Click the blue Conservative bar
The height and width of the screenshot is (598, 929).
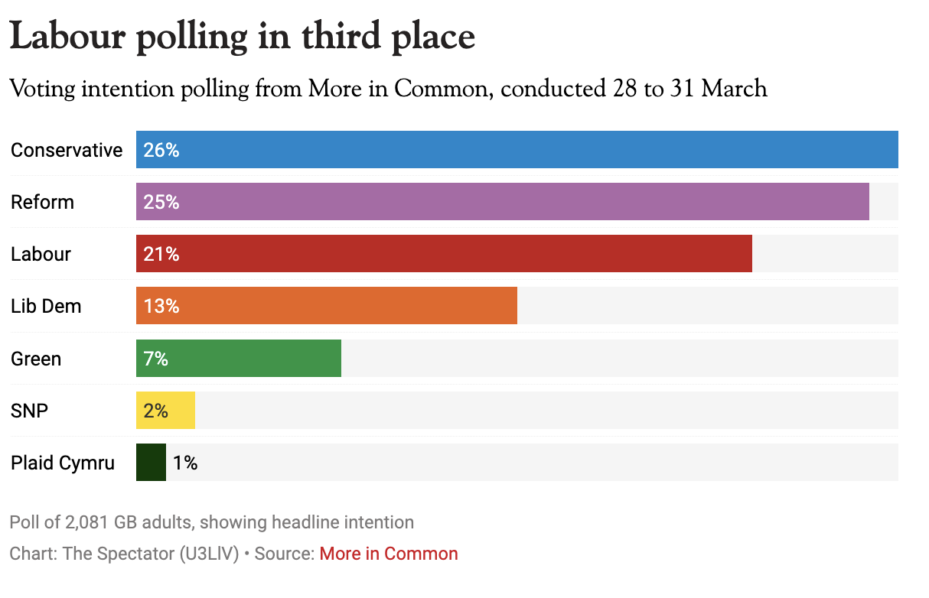click(517, 150)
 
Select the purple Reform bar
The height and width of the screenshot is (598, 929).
click(502, 202)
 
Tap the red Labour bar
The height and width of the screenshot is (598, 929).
click(444, 254)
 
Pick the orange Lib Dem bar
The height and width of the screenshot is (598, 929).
click(327, 306)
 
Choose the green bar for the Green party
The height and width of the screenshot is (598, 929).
click(239, 359)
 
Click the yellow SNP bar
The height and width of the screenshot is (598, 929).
click(165, 411)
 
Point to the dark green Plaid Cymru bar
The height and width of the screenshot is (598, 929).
click(151, 463)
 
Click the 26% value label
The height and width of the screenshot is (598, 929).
click(161, 150)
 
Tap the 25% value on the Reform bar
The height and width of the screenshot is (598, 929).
click(161, 202)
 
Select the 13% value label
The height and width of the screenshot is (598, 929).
click(161, 306)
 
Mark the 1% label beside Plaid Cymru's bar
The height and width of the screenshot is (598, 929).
click(185, 463)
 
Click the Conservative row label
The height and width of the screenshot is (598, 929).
click(67, 150)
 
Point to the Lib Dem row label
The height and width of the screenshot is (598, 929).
click(46, 306)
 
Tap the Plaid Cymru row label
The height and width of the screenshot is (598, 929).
click(63, 463)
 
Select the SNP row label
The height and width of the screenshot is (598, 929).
click(29, 411)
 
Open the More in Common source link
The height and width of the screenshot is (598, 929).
click(389, 554)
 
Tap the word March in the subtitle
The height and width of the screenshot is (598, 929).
click(734, 89)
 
